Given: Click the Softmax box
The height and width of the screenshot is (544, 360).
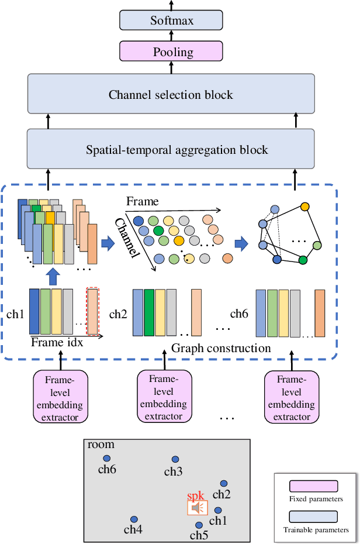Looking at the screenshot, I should (x=171, y=21).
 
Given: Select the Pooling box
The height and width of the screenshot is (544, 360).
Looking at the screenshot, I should (x=171, y=51).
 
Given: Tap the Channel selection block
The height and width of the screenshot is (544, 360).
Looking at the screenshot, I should (x=171, y=94).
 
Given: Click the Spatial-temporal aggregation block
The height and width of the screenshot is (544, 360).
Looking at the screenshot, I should (x=171, y=150).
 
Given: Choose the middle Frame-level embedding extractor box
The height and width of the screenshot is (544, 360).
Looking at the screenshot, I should (x=164, y=395).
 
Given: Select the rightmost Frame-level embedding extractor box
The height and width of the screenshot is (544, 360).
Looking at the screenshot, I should (x=290, y=395).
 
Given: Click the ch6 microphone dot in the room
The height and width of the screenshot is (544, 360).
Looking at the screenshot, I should (x=106, y=459).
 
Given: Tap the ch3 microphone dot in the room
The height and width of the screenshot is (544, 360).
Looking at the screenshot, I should (x=175, y=460).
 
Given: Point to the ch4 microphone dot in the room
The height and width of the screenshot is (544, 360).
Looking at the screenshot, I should (x=134, y=519).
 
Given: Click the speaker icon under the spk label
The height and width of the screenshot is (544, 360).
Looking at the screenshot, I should (x=196, y=507).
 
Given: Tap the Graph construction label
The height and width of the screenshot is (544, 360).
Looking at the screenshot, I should (x=221, y=349).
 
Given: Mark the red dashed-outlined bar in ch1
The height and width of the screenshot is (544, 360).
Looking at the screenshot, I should (x=93, y=311).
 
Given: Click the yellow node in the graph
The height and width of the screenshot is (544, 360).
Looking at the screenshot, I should (x=304, y=206).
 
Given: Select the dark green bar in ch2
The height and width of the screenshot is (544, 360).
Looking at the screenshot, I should (x=148, y=313).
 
